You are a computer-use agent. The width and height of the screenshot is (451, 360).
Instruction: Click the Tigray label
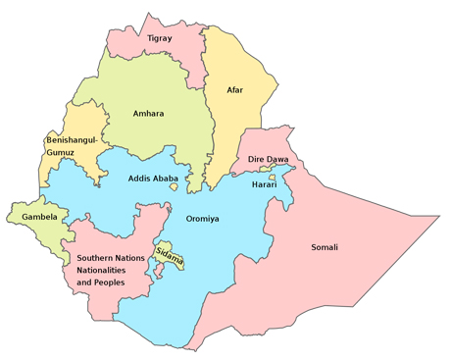[x=159, y=39]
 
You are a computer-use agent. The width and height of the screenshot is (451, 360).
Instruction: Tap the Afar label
[x=235, y=90]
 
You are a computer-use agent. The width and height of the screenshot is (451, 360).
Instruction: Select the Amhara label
[x=148, y=114]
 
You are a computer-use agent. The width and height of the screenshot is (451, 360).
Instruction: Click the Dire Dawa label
[x=269, y=159]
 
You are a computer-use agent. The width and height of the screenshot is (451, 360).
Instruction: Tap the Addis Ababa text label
[x=153, y=179]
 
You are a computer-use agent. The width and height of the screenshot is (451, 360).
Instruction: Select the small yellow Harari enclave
[x=272, y=176]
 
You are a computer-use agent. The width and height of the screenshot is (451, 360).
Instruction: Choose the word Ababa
[x=165, y=179]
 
